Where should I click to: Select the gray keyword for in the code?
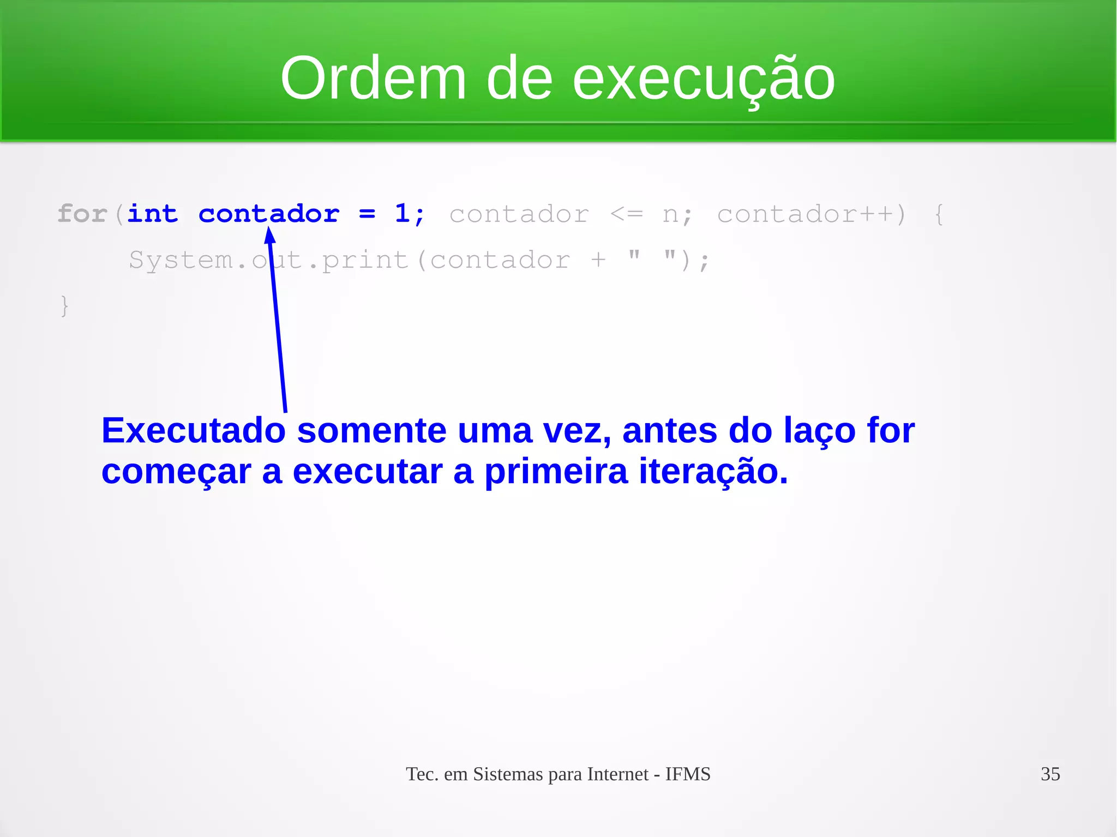point(82,213)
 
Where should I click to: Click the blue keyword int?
point(153,213)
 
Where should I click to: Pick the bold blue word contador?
point(269,213)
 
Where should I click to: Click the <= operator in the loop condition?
point(626,214)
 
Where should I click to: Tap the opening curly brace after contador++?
point(939,214)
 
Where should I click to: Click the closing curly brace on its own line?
point(64,305)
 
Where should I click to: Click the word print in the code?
point(365,260)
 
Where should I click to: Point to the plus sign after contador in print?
point(598,260)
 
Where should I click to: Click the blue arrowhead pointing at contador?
point(269,236)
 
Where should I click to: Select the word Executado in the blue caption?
point(194,430)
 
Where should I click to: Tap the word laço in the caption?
point(819,430)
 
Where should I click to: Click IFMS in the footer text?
point(688,774)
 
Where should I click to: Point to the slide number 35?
point(1050,774)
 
